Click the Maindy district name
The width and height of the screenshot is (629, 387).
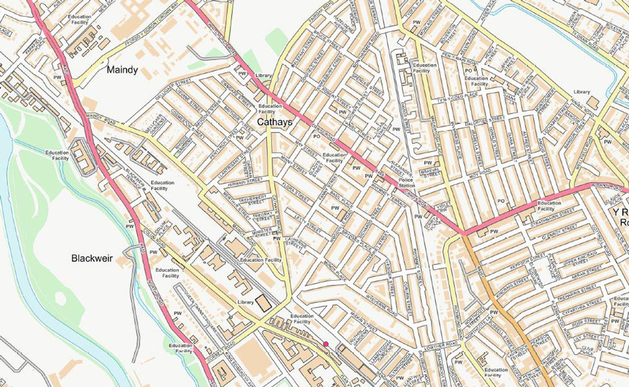pyautogui.click(x=122, y=70)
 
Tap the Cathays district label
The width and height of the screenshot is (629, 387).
pyautogui.click(x=274, y=122)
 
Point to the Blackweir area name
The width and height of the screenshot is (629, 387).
pyautogui.click(x=92, y=258)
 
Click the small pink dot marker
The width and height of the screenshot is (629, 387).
pyautogui.click(x=326, y=344)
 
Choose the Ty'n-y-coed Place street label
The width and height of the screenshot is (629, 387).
pyautogui.click(x=458, y=94)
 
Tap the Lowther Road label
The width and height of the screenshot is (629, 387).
pyautogui.click(x=441, y=345)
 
